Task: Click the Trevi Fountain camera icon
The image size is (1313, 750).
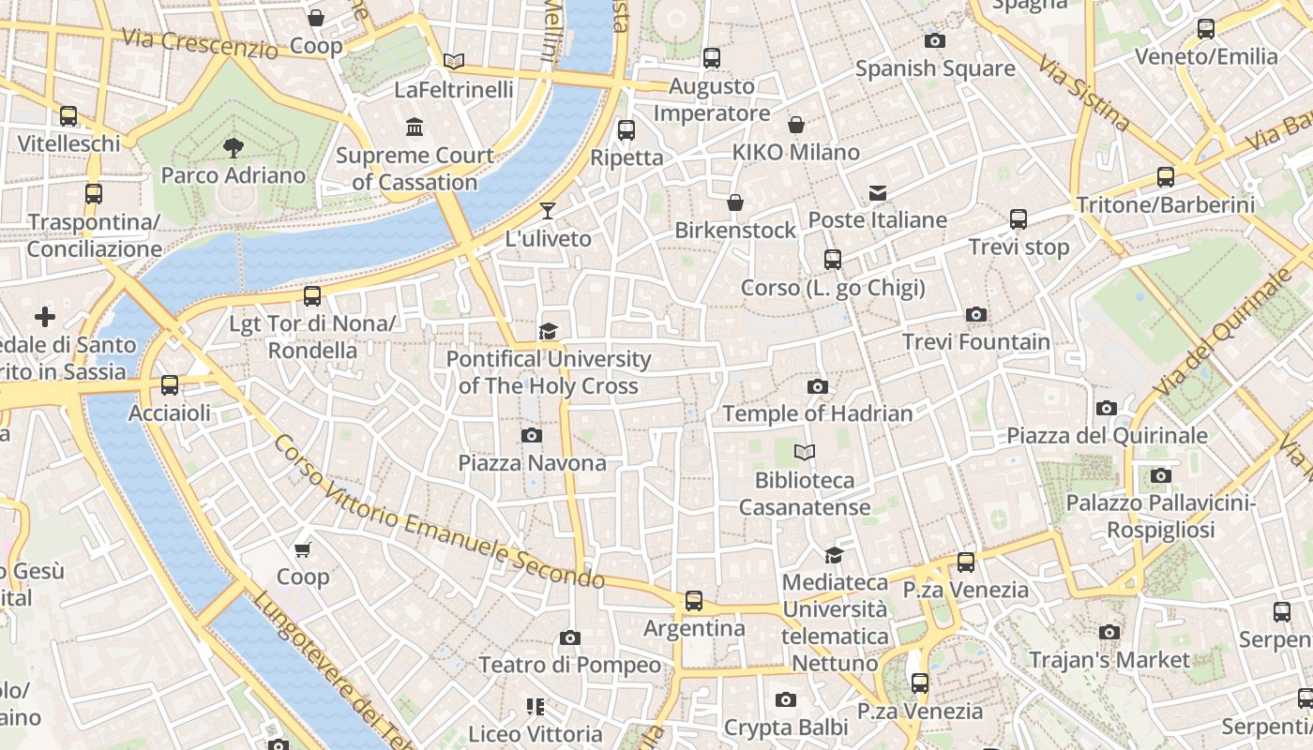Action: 976,315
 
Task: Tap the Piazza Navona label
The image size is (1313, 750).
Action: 532,463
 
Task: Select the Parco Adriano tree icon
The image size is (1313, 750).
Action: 234,147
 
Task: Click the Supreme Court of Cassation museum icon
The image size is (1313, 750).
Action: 415,127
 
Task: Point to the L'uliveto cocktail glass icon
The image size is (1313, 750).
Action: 548,211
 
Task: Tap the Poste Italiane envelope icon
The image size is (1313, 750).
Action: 878,193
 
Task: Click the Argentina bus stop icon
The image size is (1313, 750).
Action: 694,601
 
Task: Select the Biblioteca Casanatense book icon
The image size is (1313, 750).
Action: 805,453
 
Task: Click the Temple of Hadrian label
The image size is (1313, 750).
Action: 817,413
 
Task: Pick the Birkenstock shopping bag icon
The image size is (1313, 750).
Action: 735,202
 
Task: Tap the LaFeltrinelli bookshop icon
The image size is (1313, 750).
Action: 454,62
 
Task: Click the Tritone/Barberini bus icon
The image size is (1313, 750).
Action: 1166,176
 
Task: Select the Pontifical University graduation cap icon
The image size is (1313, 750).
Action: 548,331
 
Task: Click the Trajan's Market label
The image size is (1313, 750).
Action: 1109,660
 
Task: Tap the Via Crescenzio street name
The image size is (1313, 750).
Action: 200,42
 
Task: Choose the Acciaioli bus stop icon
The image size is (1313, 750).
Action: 170,385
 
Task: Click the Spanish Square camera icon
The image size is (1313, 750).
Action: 934,40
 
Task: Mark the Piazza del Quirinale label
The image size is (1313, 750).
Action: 1107,436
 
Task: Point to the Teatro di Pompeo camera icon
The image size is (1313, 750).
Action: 569,638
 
